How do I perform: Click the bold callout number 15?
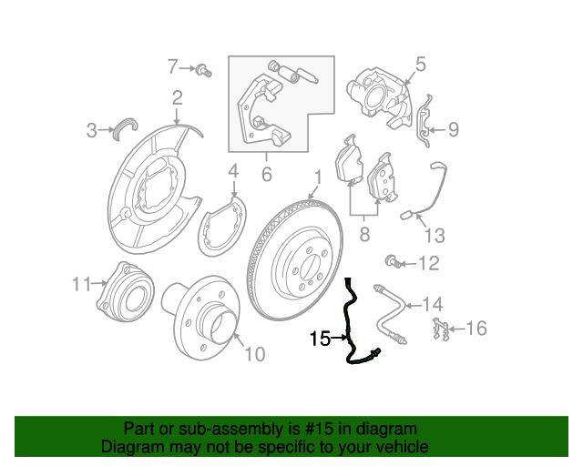320,339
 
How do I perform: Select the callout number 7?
172,66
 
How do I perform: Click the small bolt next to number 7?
204,70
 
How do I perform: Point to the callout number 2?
178,97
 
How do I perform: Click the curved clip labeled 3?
125,128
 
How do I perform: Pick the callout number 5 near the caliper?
420,65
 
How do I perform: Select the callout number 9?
454,129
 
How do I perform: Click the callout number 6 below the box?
267,174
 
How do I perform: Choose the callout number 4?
233,171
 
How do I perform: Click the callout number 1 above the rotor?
318,177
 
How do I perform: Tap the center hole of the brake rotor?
308,265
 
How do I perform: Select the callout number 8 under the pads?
364,234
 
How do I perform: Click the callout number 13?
435,236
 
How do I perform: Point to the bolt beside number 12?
393,261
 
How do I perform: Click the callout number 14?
434,304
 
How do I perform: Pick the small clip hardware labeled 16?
441,329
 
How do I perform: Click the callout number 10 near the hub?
255,354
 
